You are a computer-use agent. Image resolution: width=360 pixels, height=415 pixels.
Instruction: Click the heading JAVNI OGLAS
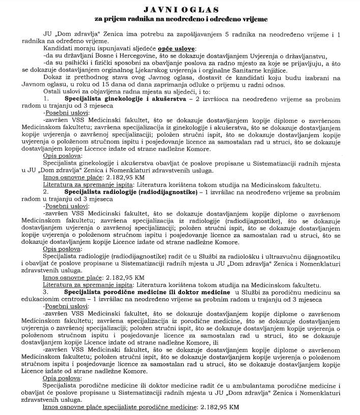point(181,9)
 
